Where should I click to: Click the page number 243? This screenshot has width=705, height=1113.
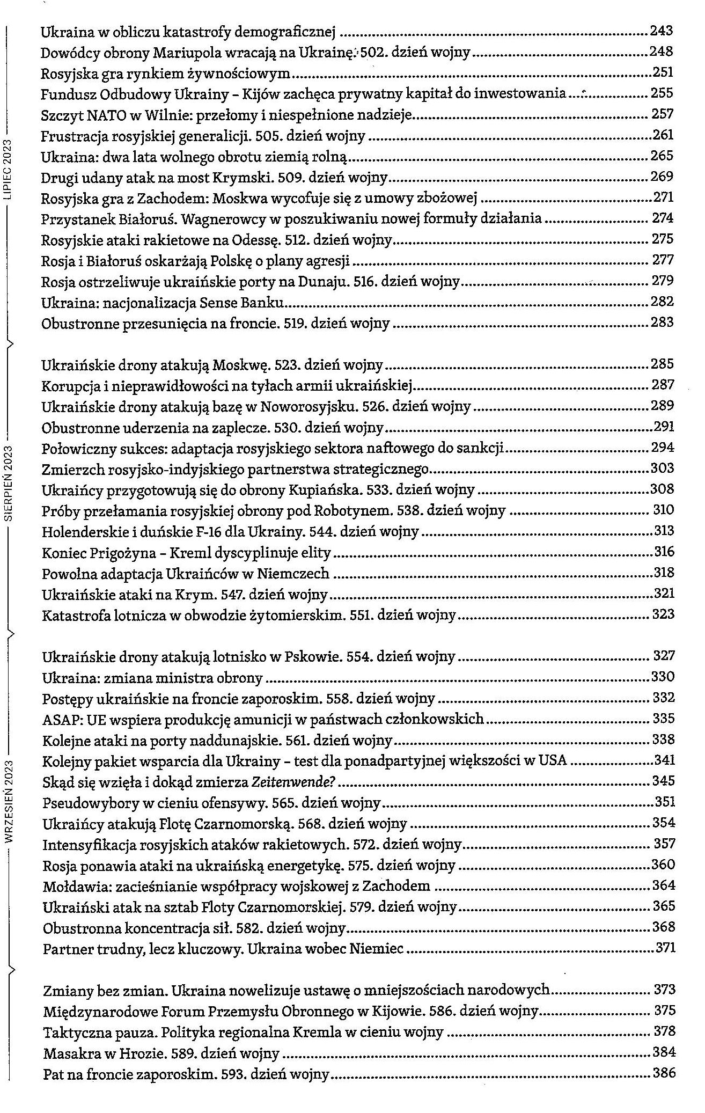tap(662, 31)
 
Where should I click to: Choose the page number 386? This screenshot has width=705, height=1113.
tap(663, 1073)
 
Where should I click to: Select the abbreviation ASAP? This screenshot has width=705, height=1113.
tap(59, 719)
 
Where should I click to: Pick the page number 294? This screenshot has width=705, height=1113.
tap(663, 448)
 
